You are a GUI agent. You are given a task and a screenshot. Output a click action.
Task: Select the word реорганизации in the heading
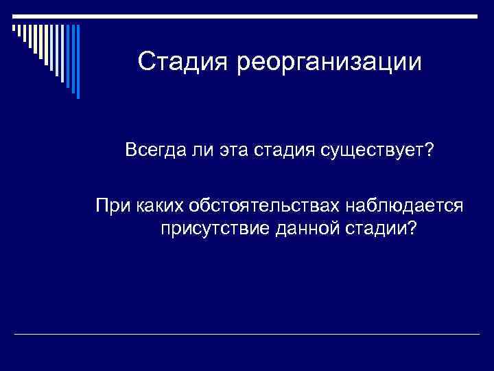click(x=329, y=64)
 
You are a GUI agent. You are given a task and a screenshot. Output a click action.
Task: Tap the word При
click(x=111, y=205)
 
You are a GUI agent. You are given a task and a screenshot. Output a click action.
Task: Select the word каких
click(x=156, y=205)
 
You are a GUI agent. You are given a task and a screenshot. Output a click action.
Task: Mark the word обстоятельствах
click(x=254, y=205)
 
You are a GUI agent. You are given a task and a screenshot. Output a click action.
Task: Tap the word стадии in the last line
click(x=369, y=227)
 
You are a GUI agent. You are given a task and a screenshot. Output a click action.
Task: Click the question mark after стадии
click(x=410, y=227)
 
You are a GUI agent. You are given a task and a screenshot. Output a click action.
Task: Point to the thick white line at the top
click(x=247, y=16)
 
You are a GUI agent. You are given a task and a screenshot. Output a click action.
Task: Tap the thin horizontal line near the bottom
click(x=247, y=334)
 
